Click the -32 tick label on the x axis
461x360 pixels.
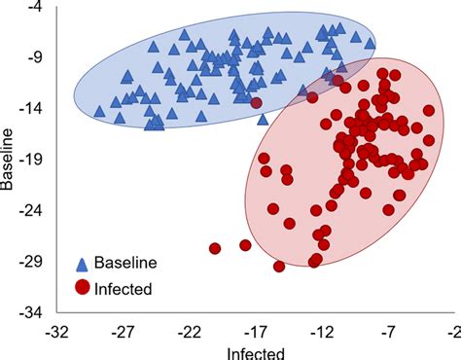55,333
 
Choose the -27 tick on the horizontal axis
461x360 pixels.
123,333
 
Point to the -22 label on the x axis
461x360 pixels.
190,333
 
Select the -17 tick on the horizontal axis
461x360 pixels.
256,333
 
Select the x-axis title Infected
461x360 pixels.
255,351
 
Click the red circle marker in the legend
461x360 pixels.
84,286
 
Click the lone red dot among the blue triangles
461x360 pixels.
256,102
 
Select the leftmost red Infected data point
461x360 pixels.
215,249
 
